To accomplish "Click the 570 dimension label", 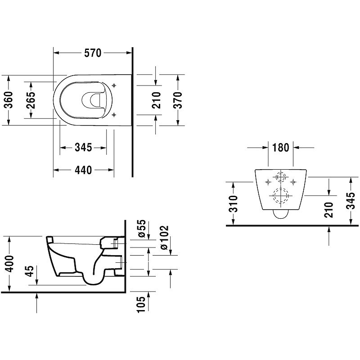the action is pyautogui.click(x=93, y=53).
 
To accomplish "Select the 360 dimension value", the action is pyautogui.click(x=9, y=100).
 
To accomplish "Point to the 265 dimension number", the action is pyautogui.click(x=31, y=100).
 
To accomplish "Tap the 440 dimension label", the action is pyautogui.click(x=83, y=170).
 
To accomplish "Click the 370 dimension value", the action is pyautogui.click(x=178, y=100).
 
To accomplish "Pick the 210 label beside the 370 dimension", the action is pyautogui.click(x=156, y=100).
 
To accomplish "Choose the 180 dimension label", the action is pyautogui.click(x=280, y=148).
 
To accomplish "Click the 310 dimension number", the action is pyautogui.click(x=233, y=204).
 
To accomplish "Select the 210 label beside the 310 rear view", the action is pyautogui.click(x=329, y=210).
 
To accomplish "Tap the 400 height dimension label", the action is pyautogui.click(x=9, y=263).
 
